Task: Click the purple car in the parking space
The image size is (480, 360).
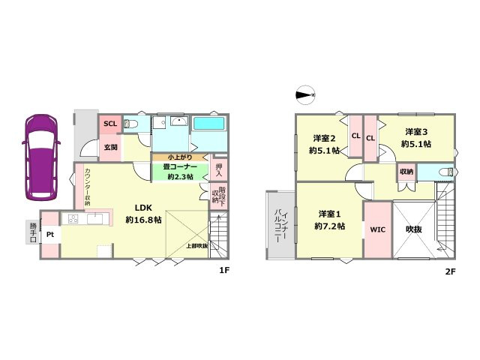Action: point(43,157)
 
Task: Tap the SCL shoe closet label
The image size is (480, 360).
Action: point(110,124)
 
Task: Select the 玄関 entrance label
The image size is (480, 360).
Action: point(110,147)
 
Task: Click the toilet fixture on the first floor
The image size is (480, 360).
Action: point(130,124)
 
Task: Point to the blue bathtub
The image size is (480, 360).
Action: point(208,124)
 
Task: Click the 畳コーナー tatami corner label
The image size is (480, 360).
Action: point(180,167)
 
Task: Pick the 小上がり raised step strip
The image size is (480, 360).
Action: point(180,157)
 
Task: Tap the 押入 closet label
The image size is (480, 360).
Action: point(219,170)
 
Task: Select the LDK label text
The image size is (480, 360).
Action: point(143,208)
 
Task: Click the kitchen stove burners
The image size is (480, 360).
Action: point(73,219)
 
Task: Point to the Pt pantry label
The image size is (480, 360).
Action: point(50,235)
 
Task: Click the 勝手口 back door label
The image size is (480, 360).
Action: point(33,232)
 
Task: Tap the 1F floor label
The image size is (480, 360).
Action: point(224,270)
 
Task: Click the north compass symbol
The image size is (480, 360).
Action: point(305,95)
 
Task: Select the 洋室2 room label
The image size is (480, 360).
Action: point(324,138)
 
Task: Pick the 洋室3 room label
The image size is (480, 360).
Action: point(416,132)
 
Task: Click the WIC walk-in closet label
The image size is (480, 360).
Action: point(378,229)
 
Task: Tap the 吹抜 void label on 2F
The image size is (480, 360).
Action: point(414,229)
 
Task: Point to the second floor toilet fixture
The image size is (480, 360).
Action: point(446,172)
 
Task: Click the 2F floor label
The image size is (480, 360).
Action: point(450,271)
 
